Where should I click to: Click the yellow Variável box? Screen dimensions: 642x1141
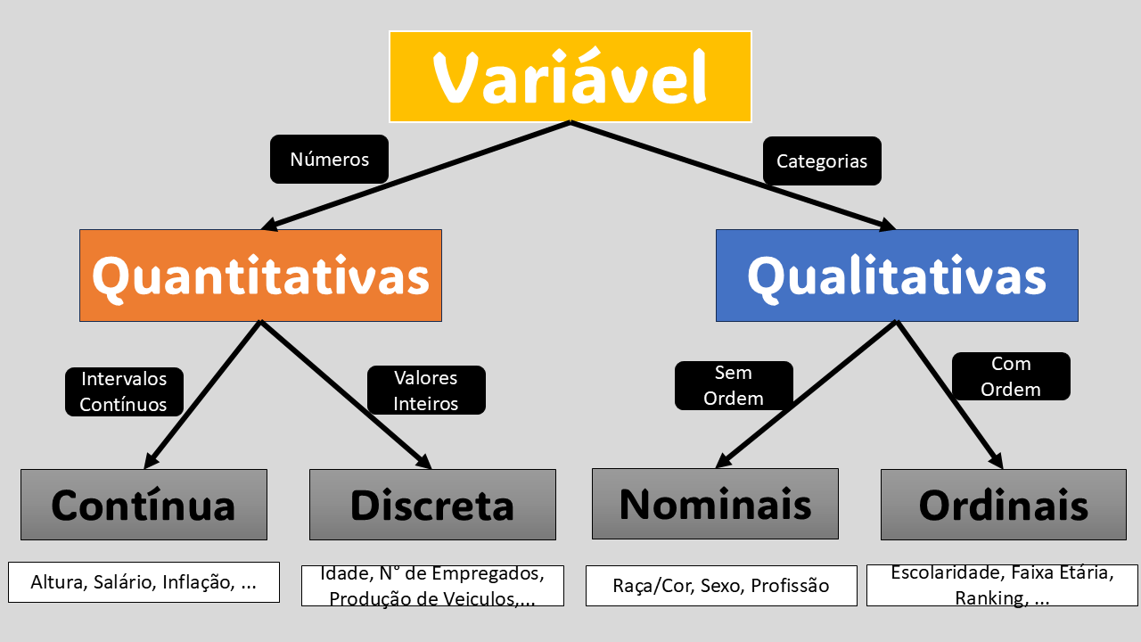point(570,77)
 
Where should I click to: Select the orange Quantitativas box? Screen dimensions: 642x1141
point(260,276)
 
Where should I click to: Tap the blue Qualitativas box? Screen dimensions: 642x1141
point(897,276)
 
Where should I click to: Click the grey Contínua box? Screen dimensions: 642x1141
point(144,505)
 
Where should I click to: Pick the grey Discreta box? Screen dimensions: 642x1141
point(432,505)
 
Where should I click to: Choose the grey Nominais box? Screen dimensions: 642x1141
point(715,504)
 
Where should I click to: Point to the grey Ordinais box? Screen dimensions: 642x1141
point(1004,505)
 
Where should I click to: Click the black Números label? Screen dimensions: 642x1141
point(329,160)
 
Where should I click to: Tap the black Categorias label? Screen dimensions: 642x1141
point(822,161)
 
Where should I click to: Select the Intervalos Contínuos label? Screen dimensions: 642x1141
point(124,391)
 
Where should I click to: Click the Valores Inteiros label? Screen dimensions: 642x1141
point(426,391)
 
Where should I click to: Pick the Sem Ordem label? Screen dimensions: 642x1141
point(734,385)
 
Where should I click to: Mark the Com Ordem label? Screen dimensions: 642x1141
point(1011,376)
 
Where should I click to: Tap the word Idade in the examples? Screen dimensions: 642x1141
point(346,573)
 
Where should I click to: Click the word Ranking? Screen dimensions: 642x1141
point(988,597)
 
